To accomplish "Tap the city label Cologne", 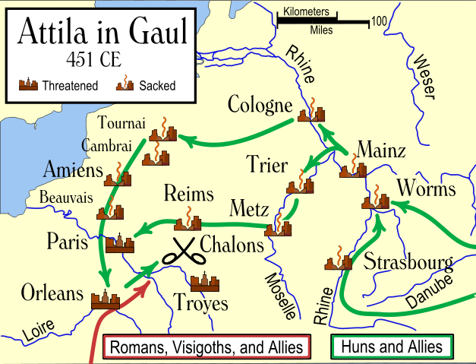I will coord(260,105).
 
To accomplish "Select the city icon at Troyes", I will coord(205,283).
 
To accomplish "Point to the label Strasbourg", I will coord(408,263).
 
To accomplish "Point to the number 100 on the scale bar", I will coord(379,20).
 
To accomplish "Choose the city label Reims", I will coord(189,193).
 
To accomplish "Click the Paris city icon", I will coord(119,242).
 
